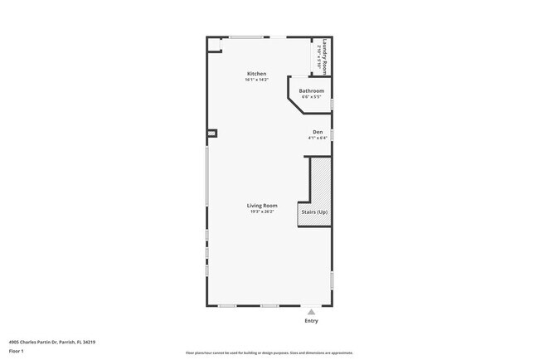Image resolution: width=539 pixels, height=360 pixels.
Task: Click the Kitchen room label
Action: coord(256,74)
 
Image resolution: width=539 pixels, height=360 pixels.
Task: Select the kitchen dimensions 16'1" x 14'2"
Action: coord(256,80)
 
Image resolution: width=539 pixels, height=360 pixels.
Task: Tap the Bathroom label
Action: coord(311,90)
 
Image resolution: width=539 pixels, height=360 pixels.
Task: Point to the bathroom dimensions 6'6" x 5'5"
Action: coord(311,96)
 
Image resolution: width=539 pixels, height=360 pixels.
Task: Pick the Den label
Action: coord(317,132)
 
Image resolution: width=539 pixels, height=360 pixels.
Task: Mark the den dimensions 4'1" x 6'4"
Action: coord(317,138)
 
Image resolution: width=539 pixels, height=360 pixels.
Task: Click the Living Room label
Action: coord(261,205)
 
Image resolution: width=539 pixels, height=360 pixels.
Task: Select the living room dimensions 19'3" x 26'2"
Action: coord(261,212)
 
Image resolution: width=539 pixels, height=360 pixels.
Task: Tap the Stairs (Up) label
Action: coord(314,212)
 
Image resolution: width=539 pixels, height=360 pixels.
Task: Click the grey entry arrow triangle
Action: coord(311,312)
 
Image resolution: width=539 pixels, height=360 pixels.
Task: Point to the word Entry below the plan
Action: coord(311,321)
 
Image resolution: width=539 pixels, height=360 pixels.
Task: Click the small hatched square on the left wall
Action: coord(211,133)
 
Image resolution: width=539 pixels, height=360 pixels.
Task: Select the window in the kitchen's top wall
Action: coord(248,36)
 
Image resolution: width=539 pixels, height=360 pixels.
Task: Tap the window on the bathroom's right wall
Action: coord(332,104)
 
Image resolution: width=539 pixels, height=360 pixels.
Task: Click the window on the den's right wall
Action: coord(332,134)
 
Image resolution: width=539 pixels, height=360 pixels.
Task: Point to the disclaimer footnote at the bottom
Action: coord(269,353)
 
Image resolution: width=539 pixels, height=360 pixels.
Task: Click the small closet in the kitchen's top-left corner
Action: coord(215,45)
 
